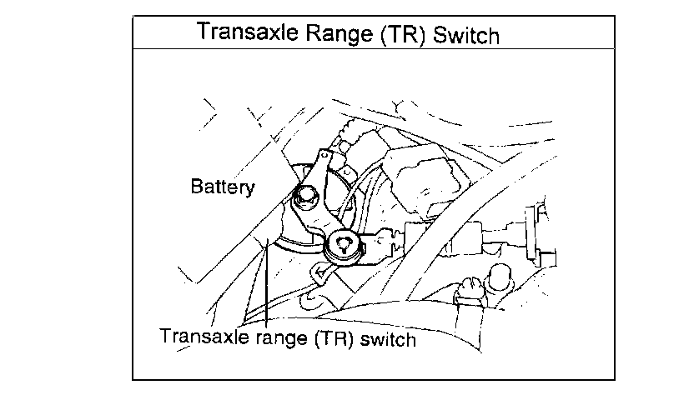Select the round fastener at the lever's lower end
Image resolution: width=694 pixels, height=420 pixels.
pyautogui.click(x=344, y=243)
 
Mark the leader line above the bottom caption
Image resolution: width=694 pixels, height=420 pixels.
pyautogui.click(x=264, y=283)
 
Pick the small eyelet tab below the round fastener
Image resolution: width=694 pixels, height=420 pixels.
pyautogui.click(x=320, y=271)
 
